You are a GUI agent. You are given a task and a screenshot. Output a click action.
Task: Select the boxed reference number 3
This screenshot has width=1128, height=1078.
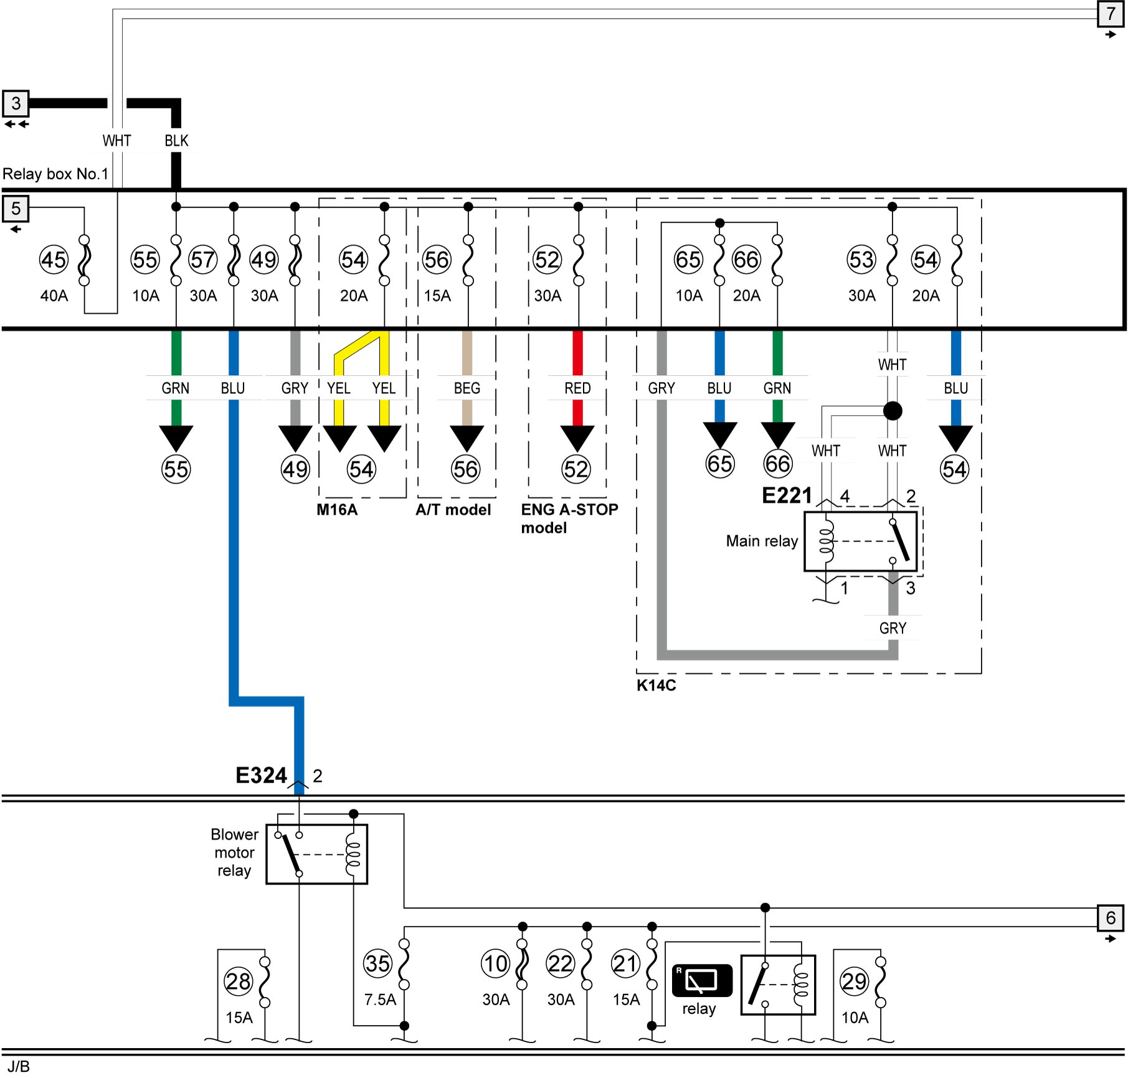click(16, 103)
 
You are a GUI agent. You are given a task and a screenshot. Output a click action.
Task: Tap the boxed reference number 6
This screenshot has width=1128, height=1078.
click(1111, 918)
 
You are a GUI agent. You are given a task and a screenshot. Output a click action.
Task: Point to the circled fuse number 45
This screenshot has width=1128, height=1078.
click(54, 260)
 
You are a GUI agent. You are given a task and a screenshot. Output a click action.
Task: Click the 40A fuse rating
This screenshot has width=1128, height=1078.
click(54, 296)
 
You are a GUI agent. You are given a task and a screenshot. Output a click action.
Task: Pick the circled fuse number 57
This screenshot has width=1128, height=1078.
click(203, 260)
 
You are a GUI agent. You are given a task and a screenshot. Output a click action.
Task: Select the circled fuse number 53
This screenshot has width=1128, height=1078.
click(861, 260)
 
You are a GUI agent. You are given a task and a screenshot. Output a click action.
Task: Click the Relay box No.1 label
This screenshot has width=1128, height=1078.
click(55, 174)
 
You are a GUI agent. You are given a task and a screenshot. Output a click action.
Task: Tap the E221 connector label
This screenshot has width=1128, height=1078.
click(787, 495)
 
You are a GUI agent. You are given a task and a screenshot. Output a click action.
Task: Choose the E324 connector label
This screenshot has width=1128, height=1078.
click(261, 776)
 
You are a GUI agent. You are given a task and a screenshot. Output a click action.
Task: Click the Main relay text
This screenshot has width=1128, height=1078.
click(762, 541)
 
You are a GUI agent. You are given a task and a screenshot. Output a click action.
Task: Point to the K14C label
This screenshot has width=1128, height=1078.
click(656, 685)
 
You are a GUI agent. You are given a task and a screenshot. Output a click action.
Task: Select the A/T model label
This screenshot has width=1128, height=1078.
click(453, 510)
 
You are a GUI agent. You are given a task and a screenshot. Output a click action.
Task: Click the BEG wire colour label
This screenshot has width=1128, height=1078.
click(467, 388)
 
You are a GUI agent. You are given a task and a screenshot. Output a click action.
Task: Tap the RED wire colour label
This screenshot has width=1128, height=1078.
click(577, 388)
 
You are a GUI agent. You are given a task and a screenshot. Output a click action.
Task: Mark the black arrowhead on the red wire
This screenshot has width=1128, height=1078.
click(577, 438)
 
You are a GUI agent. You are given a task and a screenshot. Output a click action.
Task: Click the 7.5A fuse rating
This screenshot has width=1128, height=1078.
click(380, 1000)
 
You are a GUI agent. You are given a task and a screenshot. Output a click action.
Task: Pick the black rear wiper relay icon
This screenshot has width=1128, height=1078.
click(702, 981)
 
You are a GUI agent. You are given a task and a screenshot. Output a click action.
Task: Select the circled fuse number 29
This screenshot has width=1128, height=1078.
click(854, 982)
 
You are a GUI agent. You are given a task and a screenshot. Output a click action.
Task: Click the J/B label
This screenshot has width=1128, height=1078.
click(19, 1066)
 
